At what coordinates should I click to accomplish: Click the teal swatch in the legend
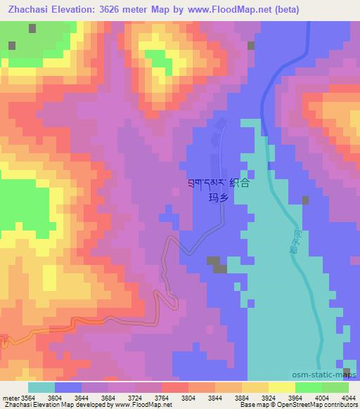pyautogui.click(x=41, y=387)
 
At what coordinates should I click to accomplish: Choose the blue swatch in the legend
pyautogui.click(x=67, y=387)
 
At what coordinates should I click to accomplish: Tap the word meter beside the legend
pyautogui.click(x=9, y=398)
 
